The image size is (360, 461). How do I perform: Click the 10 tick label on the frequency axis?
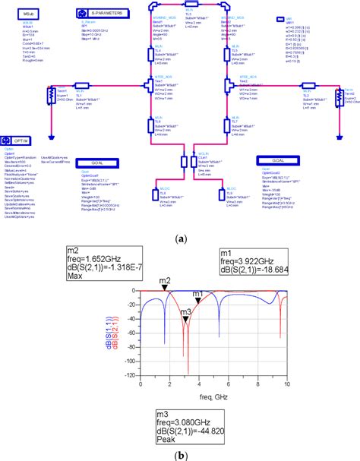click(x=287, y=386)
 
